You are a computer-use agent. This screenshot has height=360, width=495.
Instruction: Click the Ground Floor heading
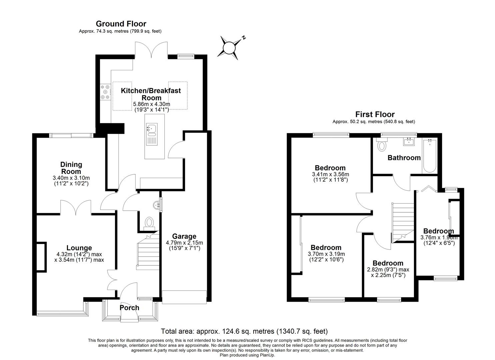(x=121, y=24)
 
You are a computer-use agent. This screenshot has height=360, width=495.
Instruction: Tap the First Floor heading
(x=375, y=114)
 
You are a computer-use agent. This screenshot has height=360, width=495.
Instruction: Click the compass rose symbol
(x=230, y=48)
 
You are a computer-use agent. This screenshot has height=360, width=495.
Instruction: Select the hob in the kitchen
(x=105, y=92)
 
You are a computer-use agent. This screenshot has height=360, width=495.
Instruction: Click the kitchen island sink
(x=152, y=130)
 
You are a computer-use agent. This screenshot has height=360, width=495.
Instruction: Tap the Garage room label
(x=184, y=236)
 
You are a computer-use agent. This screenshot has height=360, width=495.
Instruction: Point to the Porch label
(x=129, y=308)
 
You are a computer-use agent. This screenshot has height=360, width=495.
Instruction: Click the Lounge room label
(x=79, y=248)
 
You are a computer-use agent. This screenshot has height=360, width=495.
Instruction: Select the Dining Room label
(x=71, y=168)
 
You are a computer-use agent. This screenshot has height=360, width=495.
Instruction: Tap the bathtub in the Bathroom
(x=429, y=156)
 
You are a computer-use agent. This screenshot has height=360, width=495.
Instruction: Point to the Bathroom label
(x=404, y=158)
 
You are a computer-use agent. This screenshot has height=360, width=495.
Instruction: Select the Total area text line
(x=244, y=331)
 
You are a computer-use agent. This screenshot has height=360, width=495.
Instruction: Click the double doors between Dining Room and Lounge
(x=76, y=207)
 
